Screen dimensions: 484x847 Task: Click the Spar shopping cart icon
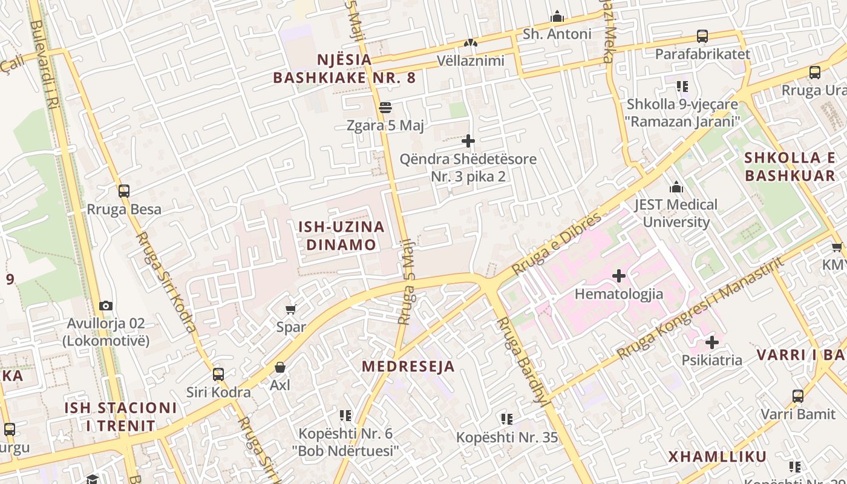[x=290, y=310]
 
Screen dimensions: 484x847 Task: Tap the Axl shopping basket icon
[x=280, y=367]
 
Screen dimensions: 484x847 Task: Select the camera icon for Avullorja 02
[x=106, y=306]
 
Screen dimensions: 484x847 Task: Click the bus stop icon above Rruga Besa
[x=124, y=191]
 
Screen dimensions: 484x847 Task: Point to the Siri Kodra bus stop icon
[x=218, y=374]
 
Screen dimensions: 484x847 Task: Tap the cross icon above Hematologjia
[x=619, y=276]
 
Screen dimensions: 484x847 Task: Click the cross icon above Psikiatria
[x=712, y=342]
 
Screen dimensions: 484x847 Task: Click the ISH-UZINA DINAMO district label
[x=341, y=236]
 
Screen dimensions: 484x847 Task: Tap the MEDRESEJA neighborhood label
[x=408, y=367]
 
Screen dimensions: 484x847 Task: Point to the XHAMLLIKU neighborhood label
[x=718, y=457]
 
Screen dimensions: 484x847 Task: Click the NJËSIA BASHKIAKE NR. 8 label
[x=344, y=69]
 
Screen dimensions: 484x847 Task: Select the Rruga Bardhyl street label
[x=522, y=360]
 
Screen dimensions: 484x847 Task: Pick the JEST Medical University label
[x=676, y=213]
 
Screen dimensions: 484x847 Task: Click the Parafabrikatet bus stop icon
[x=702, y=36]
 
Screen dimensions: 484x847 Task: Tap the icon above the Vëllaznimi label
[x=471, y=43]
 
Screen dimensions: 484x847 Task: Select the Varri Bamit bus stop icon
[x=798, y=397]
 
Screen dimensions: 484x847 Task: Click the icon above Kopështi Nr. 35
[x=507, y=419]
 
